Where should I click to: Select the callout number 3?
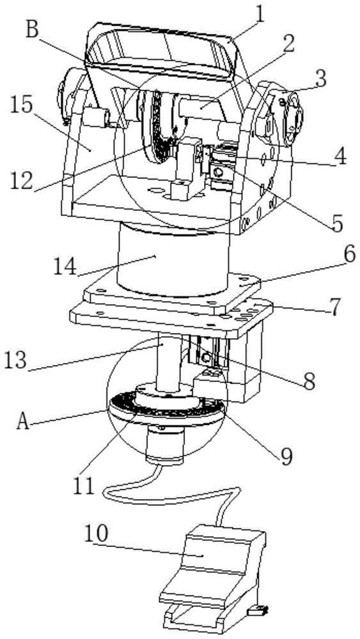click(x=321, y=81)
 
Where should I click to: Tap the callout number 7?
click(x=334, y=308)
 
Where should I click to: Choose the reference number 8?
click(x=309, y=381)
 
